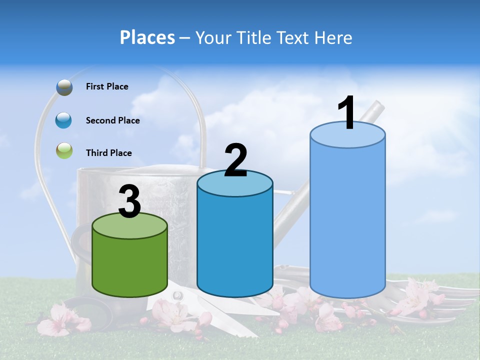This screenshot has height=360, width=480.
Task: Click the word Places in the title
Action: pos(147,37)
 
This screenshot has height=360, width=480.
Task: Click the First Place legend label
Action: pos(107,86)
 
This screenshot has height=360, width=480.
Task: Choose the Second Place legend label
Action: pos(112,120)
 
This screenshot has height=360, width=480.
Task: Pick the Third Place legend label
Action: pos(108,153)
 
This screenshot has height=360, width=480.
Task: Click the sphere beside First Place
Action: pos(64,87)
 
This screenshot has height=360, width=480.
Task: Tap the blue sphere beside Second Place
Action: pos(64,120)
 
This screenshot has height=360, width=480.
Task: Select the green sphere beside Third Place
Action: pos(64,151)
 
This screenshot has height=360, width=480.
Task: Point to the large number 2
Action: pos(235,160)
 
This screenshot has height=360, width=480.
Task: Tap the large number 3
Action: pos(130,202)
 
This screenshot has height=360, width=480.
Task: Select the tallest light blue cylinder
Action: pos(347,220)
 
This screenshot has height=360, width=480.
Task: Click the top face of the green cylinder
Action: pos(130,226)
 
